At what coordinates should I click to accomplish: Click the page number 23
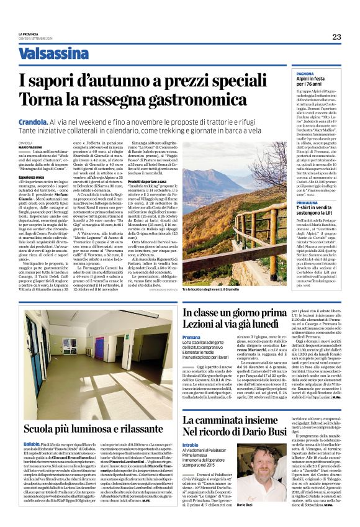coord(336,37)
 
